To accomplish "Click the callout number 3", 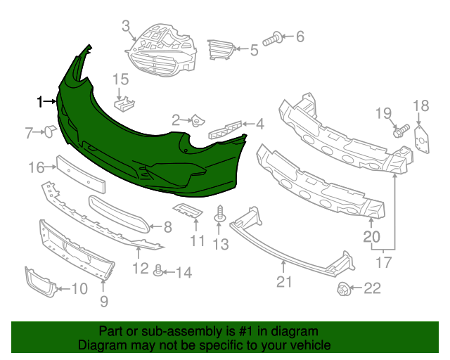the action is point(127,27).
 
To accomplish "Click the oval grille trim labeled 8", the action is point(120,214).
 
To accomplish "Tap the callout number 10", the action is point(79,288).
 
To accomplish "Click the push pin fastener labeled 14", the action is point(159,271).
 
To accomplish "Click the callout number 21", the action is point(283,283).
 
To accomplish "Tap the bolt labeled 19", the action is point(401,131).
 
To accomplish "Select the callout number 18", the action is point(420,106).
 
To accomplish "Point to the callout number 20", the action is point(371,237).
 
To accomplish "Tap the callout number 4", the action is point(259,124).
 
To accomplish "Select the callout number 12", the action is point(140,267).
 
